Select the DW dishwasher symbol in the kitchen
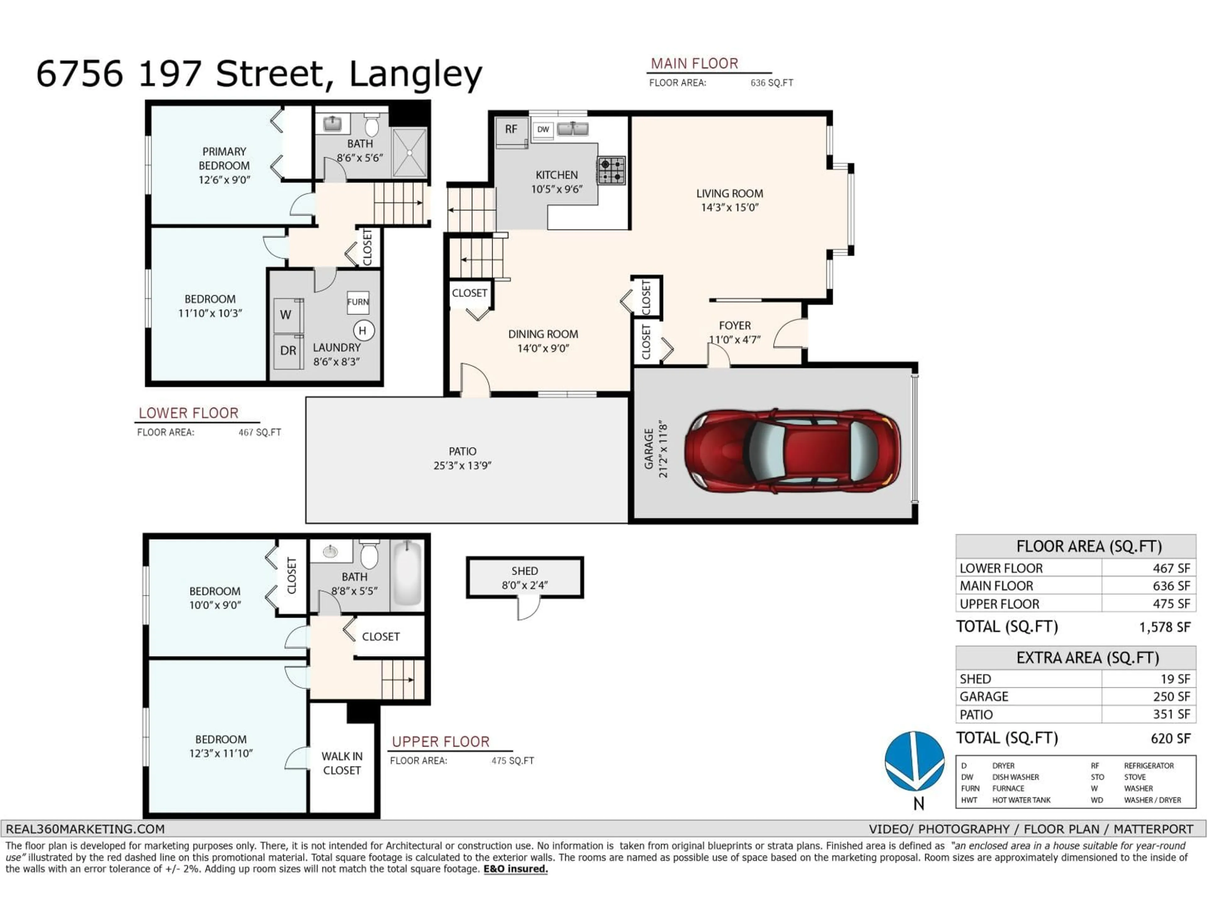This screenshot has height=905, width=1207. point(543,130)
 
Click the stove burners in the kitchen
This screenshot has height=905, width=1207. point(611,170)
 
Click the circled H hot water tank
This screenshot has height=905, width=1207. point(363,331)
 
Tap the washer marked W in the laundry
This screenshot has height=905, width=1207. point(286,315)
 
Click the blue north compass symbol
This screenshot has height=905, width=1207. point(915,761)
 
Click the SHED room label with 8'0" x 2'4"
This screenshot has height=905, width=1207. point(524,578)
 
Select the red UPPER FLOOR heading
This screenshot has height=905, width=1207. point(440,742)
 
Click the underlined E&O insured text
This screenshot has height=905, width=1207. point(515,869)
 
